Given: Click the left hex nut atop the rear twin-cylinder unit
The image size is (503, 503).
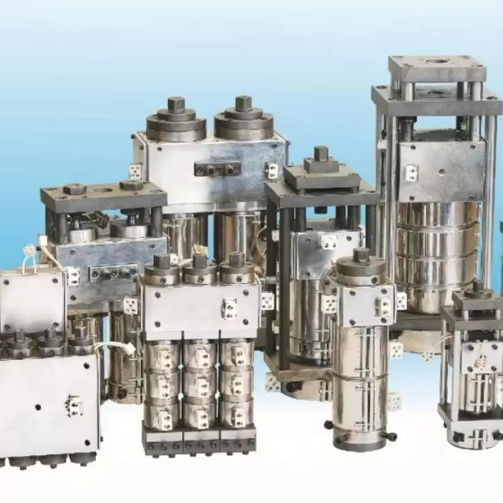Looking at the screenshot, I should click(176, 105).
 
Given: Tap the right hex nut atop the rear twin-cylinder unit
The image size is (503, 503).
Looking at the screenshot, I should click(244, 103).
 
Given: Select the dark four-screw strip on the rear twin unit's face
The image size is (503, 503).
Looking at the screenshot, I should click(218, 169).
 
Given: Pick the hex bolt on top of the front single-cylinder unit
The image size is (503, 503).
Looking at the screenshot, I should click(361, 255).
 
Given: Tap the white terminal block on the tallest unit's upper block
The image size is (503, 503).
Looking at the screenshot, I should click(410, 172).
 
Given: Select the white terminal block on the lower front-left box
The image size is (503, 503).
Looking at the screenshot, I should click(75, 404).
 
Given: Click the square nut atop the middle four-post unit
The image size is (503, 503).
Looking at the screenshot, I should click(321, 155).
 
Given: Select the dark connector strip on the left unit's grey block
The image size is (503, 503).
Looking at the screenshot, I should click(110, 273).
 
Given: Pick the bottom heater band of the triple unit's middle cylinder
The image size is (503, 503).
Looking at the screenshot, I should click(200, 413).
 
